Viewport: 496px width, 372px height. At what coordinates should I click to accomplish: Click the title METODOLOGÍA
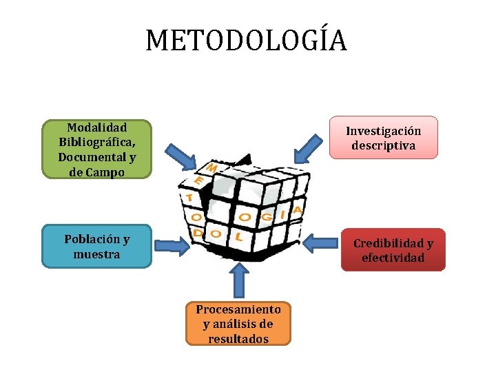(x=247, y=41)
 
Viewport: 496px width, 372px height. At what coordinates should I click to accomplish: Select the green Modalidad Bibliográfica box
(x=96, y=149)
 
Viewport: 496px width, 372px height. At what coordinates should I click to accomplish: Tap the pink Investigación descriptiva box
(x=383, y=138)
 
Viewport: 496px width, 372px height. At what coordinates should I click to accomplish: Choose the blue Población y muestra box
(x=96, y=246)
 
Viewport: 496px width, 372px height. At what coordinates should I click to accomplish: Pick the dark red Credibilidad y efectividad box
(x=393, y=250)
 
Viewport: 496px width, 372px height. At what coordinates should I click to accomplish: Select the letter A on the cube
(x=298, y=208)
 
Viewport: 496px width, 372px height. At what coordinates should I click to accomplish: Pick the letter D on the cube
(x=198, y=234)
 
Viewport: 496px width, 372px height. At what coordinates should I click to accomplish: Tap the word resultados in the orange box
(x=238, y=339)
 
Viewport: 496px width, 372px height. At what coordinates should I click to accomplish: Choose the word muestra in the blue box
(x=96, y=254)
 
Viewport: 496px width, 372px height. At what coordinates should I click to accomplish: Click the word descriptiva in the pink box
(x=383, y=145)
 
